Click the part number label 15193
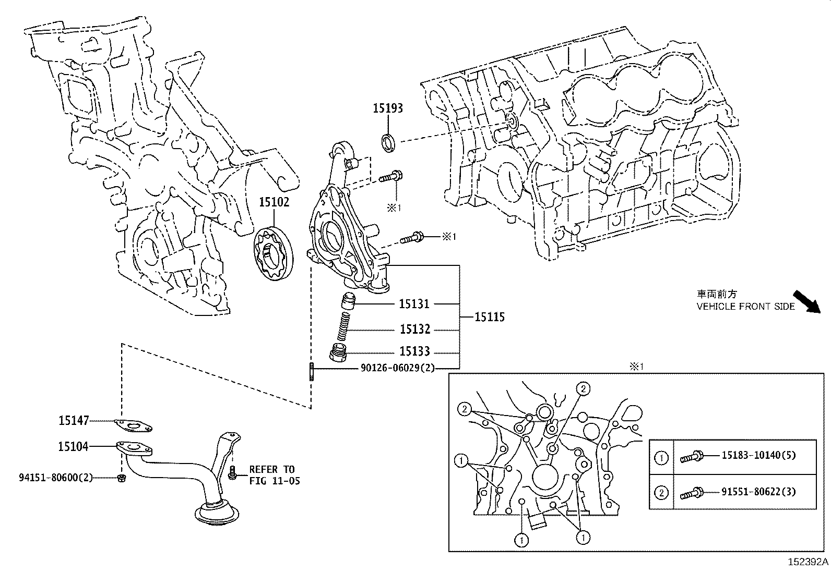[387, 108]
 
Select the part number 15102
[274, 202]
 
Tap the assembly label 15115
[490, 317]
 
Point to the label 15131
[414, 303]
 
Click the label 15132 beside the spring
[415, 330]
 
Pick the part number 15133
[414, 351]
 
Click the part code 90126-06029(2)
[397, 368]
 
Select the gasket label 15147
[74, 420]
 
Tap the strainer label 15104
[73, 446]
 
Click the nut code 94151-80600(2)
[56, 477]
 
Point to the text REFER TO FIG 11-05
[274, 475]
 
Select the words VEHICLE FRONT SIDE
[745, 307]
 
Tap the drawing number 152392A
[808, 563]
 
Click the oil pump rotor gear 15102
[274, 253]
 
